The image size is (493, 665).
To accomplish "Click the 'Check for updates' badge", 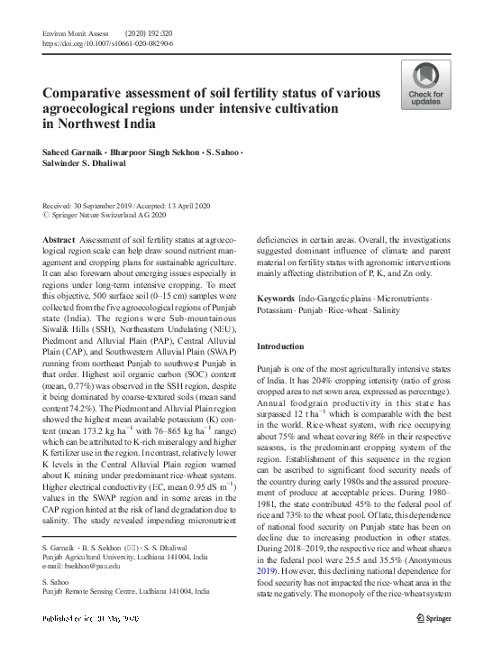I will tap(426, 88).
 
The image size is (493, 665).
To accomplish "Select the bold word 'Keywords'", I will tap(275, 299).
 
